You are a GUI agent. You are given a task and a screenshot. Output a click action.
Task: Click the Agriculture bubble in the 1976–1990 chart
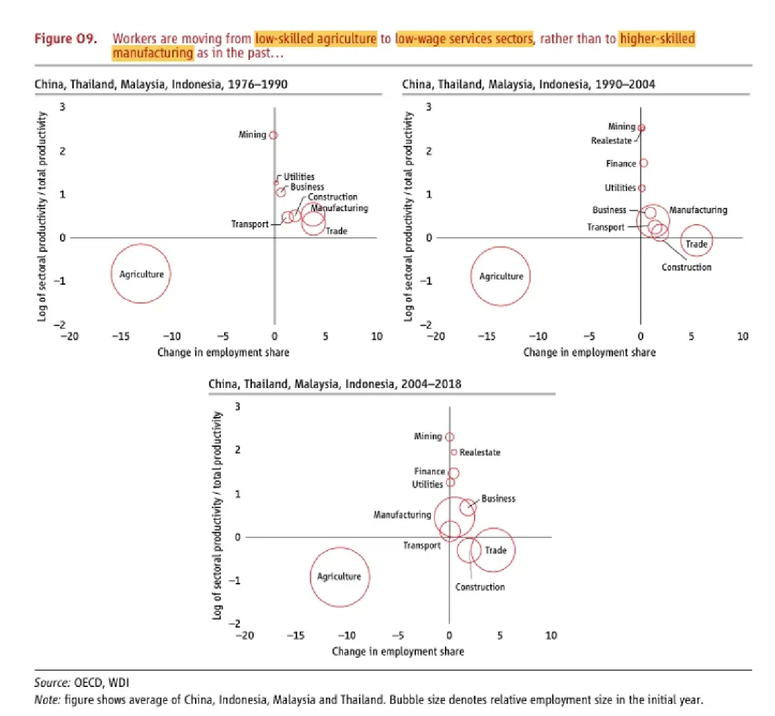(141, 274)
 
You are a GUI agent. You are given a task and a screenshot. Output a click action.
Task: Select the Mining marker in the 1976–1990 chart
(273, 135)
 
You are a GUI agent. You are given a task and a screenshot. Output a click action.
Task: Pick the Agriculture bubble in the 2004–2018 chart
(340, 577)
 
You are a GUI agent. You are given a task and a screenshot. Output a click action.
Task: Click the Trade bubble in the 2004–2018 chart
(493, 550)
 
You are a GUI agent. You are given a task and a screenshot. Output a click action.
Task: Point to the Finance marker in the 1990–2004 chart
(643, 163)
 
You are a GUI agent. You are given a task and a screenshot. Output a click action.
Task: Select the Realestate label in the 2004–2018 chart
(480, 453)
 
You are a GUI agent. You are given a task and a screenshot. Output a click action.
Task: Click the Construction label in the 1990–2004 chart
(687, 267)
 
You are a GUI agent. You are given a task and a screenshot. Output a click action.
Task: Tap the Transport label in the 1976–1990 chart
(250, 224)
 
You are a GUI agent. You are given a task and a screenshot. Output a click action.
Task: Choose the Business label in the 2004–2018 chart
(499, 498)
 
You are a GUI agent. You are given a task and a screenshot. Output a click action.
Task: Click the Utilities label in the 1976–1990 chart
(299, 176)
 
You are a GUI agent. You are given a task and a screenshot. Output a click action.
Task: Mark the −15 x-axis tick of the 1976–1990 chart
(120, 336)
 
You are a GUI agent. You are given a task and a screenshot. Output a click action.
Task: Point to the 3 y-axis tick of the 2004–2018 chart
(238, 407)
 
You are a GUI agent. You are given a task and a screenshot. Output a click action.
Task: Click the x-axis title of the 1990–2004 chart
(589, 353)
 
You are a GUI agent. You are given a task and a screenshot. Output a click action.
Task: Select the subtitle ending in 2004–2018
(335, 384)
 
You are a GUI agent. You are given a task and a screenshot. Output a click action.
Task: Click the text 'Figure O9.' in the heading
(65, 39)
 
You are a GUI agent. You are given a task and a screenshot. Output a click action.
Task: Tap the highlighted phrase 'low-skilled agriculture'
(315, 39)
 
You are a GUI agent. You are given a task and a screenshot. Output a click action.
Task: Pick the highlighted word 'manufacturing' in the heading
(152, 53)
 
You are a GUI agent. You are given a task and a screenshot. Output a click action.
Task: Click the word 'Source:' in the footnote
(52, 683)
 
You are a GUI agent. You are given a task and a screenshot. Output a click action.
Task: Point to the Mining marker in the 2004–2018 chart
(449, 437)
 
